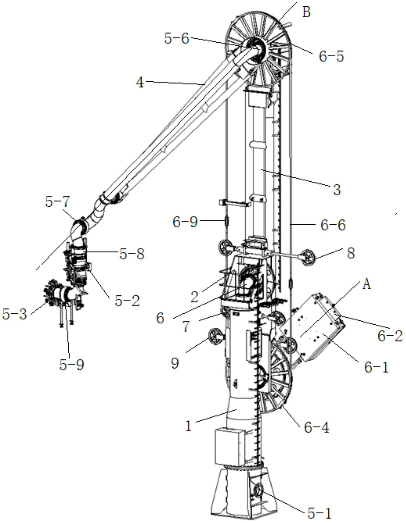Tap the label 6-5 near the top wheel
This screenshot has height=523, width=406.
(331, 56)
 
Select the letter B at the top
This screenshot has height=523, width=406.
(306, 12)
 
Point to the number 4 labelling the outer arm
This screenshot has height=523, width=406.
(140, 83)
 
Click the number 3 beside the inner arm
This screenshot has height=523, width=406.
(337, 190)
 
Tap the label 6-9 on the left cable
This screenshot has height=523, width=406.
(185, 222)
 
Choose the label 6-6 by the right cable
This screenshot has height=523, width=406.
(333, 225)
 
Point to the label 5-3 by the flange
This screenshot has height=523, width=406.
(15, 314)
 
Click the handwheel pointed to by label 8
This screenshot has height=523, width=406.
(308, 258)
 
